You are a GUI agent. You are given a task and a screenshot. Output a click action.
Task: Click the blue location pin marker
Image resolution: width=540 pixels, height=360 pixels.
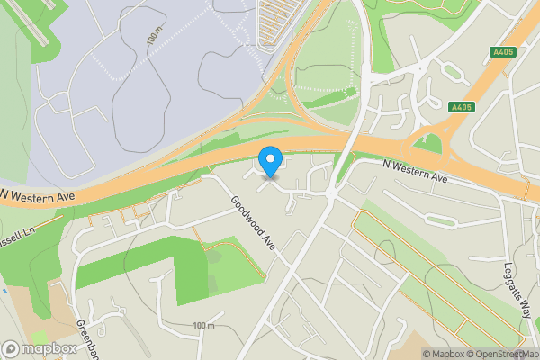[270, 162]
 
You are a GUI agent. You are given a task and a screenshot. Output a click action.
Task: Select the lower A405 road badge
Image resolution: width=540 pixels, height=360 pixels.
[461, 107]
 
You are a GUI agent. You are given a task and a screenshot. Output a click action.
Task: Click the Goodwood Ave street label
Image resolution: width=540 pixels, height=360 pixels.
[252, 225]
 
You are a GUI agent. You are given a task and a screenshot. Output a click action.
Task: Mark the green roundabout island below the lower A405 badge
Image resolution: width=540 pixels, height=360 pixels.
[433, 142]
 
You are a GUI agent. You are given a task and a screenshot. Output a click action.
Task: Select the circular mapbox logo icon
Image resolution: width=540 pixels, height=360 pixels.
[12, 348]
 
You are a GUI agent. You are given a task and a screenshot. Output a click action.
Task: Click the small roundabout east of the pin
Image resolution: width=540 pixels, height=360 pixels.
[330, 193]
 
